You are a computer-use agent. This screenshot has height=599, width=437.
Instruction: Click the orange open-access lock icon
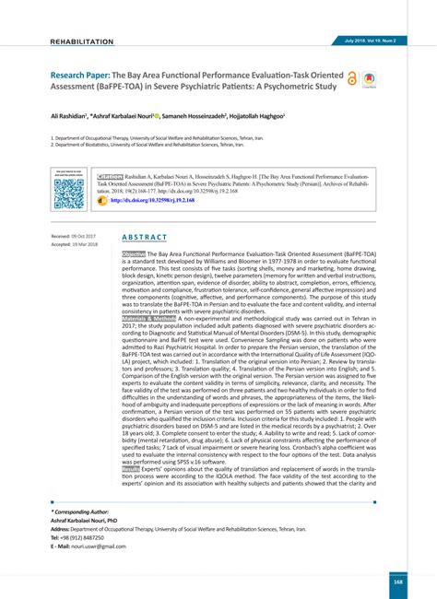pyautogui.click(x=351, y=80)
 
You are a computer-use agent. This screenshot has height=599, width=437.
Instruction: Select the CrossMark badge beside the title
pyautogui.click(x=369, y=80)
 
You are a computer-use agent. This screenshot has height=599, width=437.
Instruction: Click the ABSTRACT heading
pyautogui.click(x=145, y=237)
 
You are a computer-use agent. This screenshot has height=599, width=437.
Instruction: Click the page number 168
pyautogui.click(x=397, y=581)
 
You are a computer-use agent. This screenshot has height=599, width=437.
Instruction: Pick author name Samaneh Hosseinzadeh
pyautogui.click(x=222, y=118)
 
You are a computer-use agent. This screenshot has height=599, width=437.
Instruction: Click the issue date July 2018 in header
pyautogui.click(x=357, y=41)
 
